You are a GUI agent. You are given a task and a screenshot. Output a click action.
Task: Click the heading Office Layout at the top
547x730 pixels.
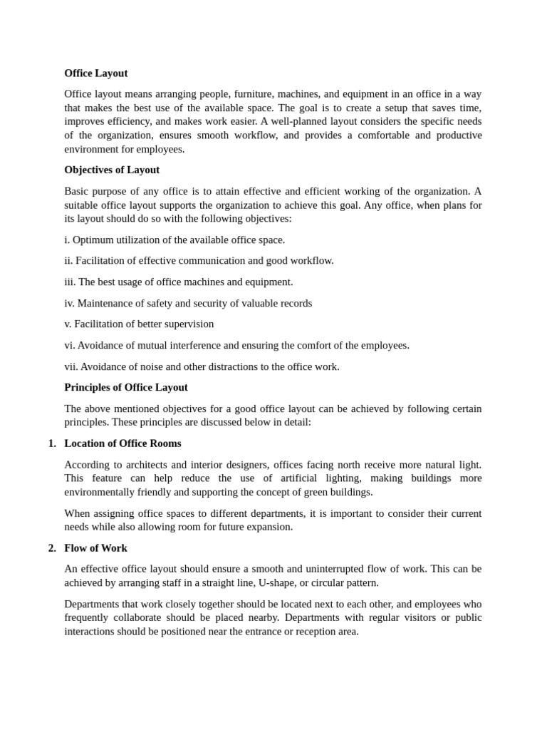point(95,73)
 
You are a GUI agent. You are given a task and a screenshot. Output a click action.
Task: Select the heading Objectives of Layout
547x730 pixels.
point(112,170)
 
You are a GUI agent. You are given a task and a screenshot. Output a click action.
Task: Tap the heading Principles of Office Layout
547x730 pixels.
point(126,387)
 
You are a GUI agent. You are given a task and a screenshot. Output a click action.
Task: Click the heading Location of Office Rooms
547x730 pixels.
point(123,443)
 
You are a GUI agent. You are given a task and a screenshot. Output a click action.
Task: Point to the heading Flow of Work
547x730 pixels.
point(95,547)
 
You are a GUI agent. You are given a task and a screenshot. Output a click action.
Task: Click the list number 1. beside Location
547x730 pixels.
point(52,443)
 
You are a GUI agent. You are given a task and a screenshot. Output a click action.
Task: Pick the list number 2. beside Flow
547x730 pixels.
point(52,547)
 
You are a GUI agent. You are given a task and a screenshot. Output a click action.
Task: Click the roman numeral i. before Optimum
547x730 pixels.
point(67,240)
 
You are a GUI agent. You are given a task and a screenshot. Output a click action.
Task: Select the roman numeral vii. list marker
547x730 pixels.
point(71,366)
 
